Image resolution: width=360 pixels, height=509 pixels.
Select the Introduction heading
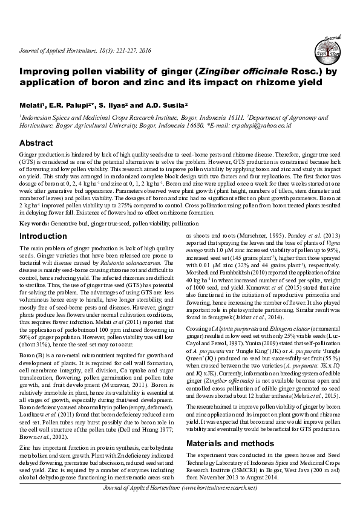click(x=44, y=235)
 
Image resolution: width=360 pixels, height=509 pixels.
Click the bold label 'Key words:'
click(x=34, y=223)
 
